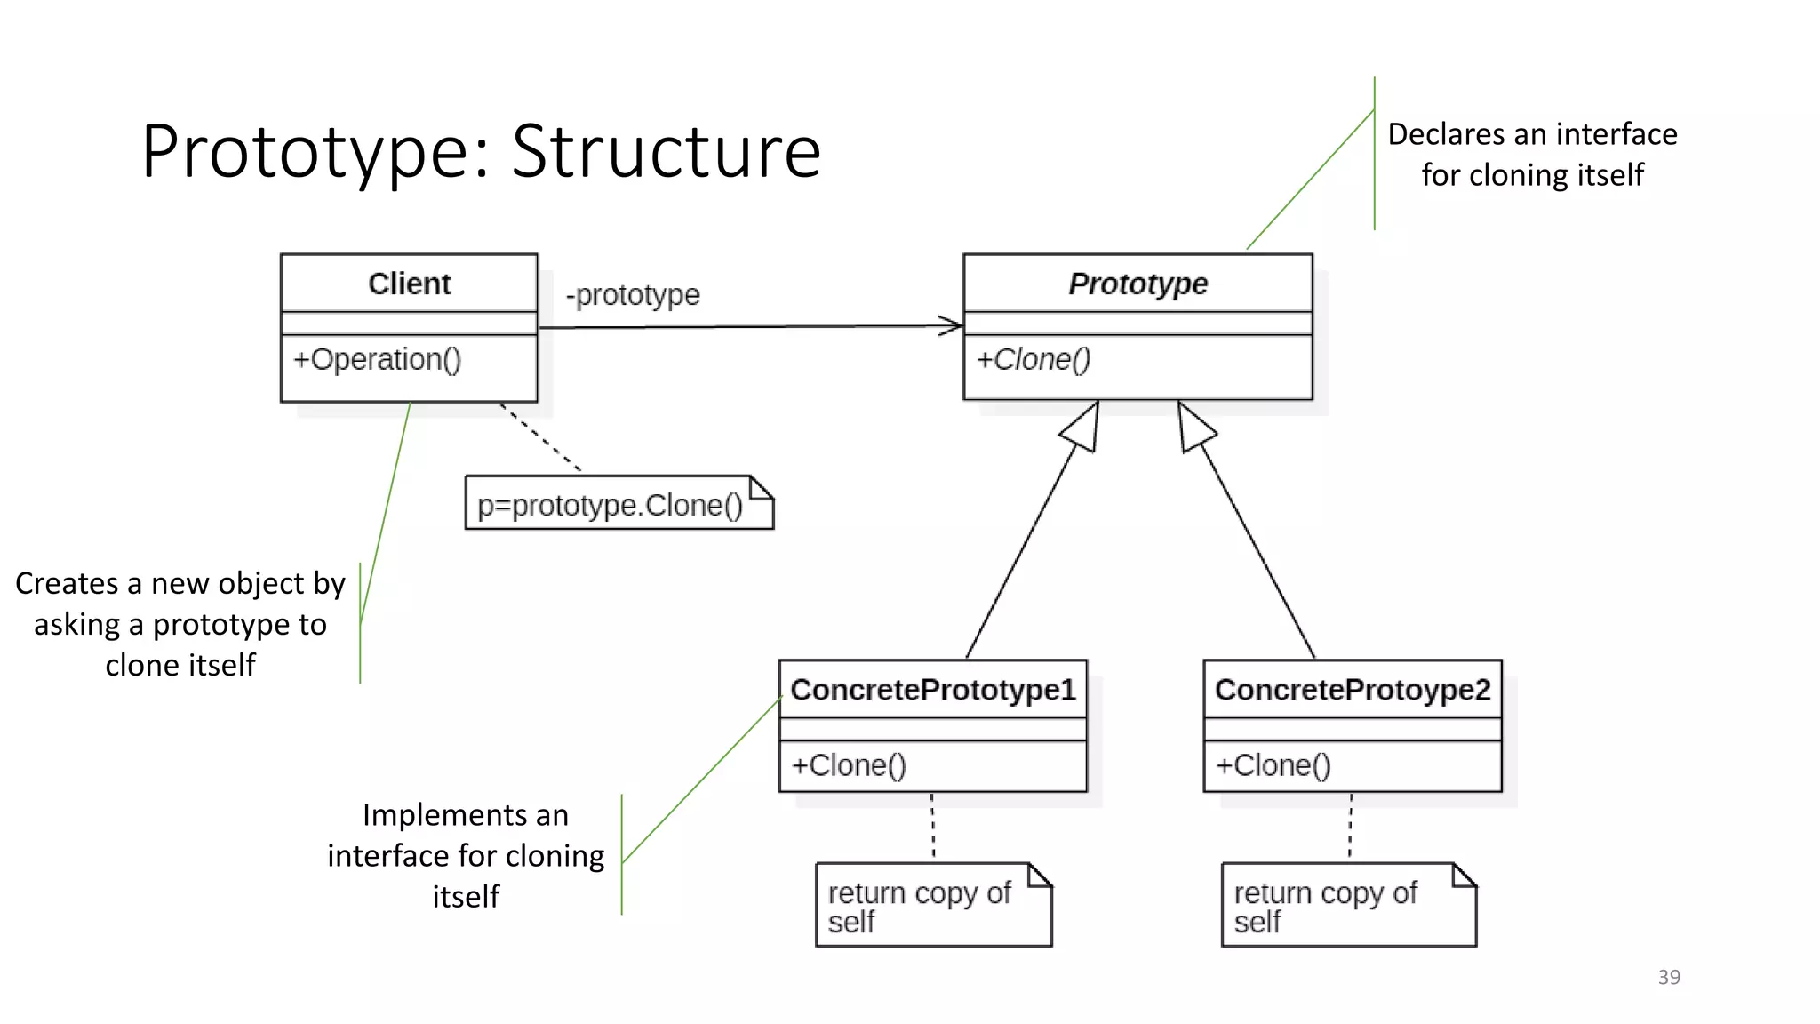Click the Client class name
pyautogui.click(x=409, y=284)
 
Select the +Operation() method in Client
pyautogui.click(x=378, y=359)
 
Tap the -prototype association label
pyautogui.click(x=633, y=294)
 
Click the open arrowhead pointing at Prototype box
pyautogui.click(x=952, y=326)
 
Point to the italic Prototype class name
pyautogui.click(x=1137, y=284)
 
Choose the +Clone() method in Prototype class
pyautogui.click(x=1033, y=359)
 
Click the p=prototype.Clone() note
pyautogui.click(x=610, y=505)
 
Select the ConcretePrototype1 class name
pyautogui.click(x=932, y=690)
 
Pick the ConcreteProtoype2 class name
pyautogui.click(x=1352, y=690)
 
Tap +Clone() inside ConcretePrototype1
pyautogui.click(x=849, y=765)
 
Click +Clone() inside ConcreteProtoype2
pyautogui.click(x=1273, y=765)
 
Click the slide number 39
pyautogui.click(x=1668, y=977)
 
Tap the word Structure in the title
pyautogui.click(x=666, y=152)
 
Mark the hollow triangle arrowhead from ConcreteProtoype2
pyautogui.click(x=1193, y=429)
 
